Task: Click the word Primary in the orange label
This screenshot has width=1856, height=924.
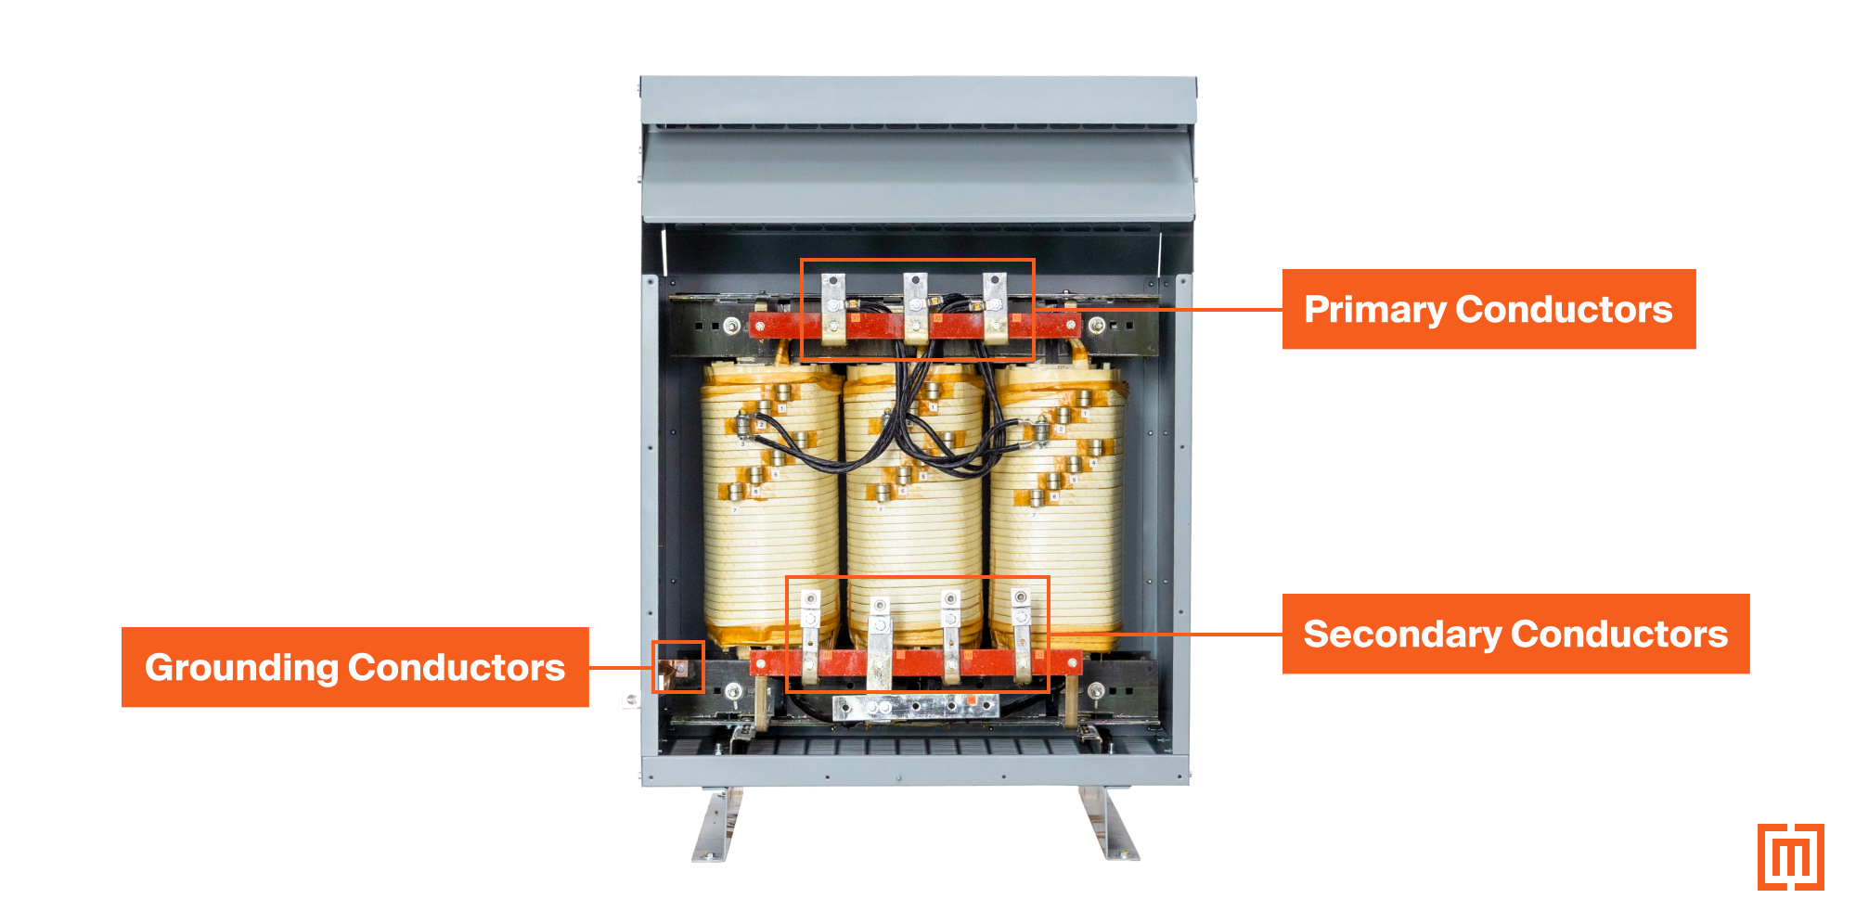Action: point(1374,310)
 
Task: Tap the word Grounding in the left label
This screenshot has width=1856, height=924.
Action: point(241,668)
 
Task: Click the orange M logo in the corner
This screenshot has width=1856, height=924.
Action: point(1790,857)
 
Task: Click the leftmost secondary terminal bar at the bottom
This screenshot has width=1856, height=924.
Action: point(810,635)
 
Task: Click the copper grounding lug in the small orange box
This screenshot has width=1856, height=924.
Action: point(677,668)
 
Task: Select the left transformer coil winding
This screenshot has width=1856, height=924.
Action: point(770,520)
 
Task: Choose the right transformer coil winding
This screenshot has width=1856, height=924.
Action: point(1058,520)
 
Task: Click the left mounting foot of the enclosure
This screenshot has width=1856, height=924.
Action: point(716,826)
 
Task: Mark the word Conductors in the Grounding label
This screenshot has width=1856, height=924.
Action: point(457,668)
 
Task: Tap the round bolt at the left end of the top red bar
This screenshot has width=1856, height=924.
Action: point(731,326)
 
